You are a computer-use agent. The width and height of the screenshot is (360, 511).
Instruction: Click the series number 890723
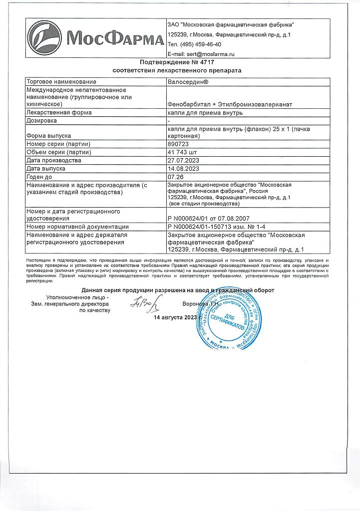(178, 144)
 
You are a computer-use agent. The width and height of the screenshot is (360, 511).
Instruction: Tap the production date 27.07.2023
(184, 161)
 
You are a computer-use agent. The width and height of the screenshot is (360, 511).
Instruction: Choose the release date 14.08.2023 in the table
(184, 169)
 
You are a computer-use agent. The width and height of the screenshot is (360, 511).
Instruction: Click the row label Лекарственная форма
(59, 113)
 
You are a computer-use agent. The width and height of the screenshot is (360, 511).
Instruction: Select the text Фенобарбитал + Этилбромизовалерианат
(230, 104)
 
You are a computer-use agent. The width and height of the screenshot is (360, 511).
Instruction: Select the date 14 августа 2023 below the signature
(175, 317)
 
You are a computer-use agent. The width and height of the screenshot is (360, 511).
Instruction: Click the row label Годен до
(40, 177)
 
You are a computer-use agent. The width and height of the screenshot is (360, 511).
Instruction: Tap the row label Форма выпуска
(48, 136)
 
